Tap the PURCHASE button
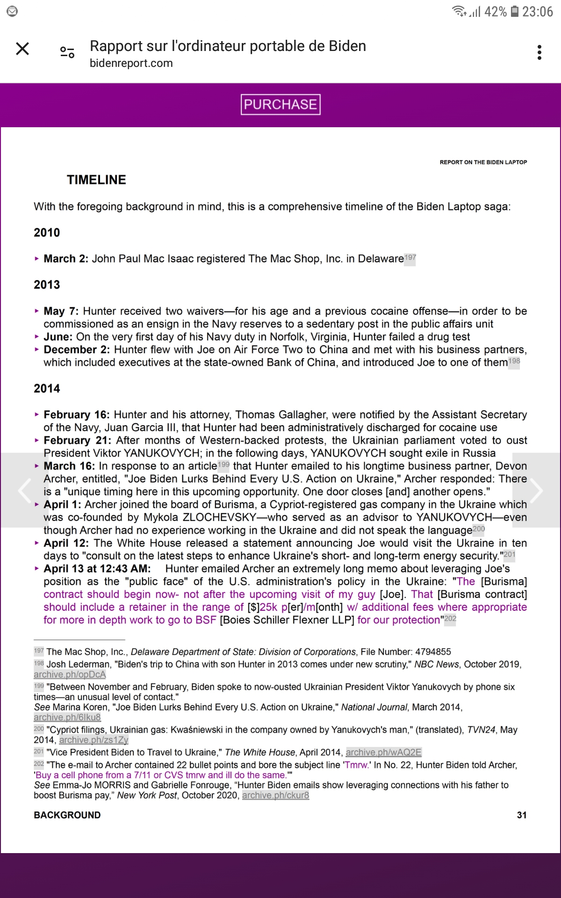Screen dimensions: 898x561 (x=280, y=104)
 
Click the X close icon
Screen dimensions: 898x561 (x=22, y=49)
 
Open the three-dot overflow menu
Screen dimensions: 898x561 (x=539, y=52)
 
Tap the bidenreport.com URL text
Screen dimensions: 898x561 (x=131, y=63)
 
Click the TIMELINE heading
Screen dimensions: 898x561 (x=96, y=180)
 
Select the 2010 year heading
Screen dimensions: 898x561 (x=47, y=233)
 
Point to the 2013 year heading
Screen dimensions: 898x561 (x=47, y=285)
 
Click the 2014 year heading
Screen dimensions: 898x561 (x=47, y=389)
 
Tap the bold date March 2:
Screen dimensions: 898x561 (x=66, y=259)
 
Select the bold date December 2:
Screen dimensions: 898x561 (x=77, y=350)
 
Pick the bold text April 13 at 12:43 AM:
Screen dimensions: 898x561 (x=97, y=569)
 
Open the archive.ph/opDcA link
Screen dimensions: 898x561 (x=70, y=674)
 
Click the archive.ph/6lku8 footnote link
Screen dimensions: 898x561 (x=67, y=717)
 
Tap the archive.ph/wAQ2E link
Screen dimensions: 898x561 (x=383, y=753)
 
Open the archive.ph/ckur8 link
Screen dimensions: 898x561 (x=275, y=795)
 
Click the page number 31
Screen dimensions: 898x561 (x=522, y=815)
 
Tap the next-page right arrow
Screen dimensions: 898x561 (x=536, y=490)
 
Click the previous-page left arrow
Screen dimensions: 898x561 (x=24, y=490)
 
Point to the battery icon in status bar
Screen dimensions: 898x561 (x=514, y=11)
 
